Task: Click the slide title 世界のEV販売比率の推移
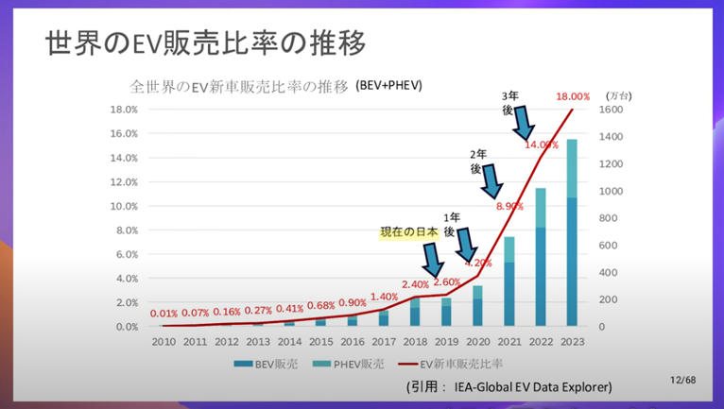204,45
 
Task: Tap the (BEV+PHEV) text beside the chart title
388,85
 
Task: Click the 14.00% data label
543,145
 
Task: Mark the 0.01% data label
164,314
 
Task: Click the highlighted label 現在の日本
408,233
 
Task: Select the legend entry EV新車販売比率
454,363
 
